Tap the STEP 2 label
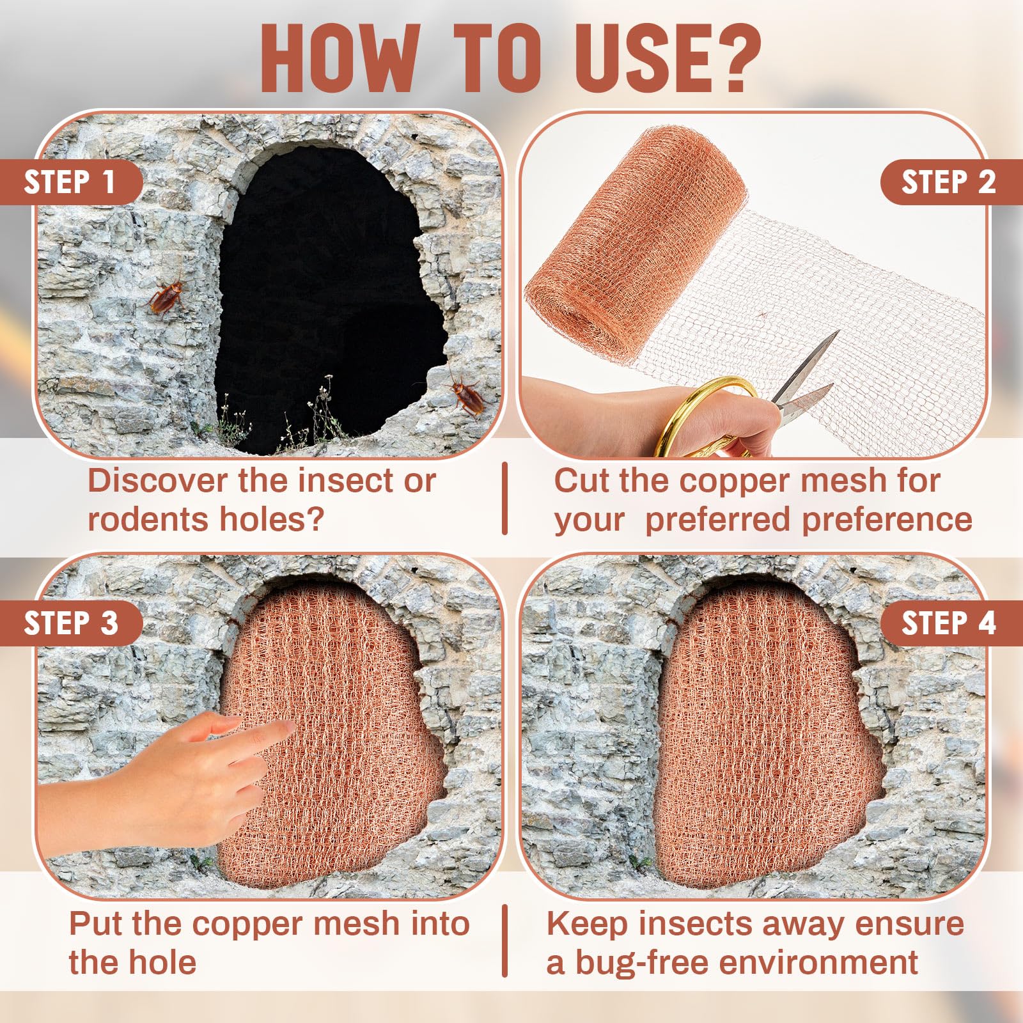948,182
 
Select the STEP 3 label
70,623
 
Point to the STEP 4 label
948,623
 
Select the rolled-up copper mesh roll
633,249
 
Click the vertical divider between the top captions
505,499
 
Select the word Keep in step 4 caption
586,925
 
